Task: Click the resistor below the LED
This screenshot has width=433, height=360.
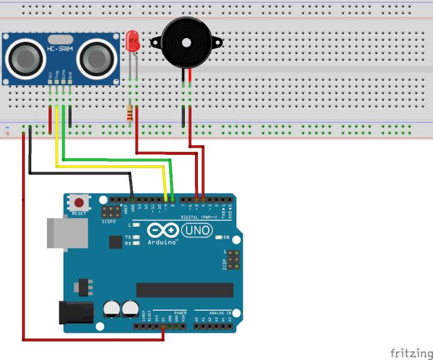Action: click(x=130, y=113)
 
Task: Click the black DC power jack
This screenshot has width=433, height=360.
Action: click(x=75, y=313)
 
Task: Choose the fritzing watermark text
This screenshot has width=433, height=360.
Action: click(x=410, y=352)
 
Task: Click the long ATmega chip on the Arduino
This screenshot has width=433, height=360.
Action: click(x=185, y=290)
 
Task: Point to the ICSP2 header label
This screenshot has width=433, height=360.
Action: click(x=108, y=221)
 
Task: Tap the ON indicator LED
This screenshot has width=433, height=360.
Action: click(x=219, y=237)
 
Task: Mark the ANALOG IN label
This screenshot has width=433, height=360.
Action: click(x=220, y=313)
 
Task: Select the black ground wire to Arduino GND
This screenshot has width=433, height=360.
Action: click(x=78, y=173)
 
